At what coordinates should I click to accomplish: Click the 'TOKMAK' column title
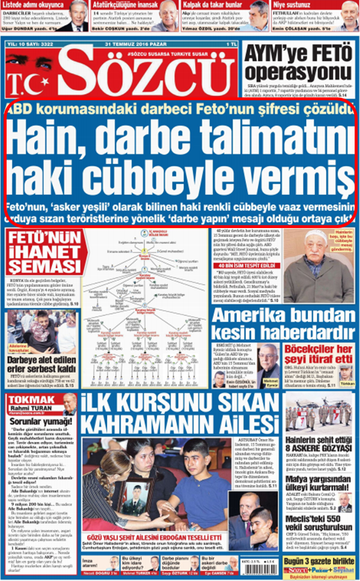(25, 400)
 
